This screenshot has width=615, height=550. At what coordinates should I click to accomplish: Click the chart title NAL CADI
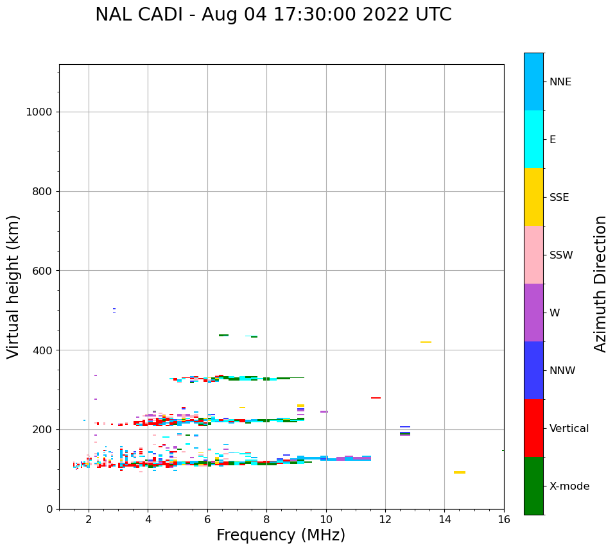pos(273,15)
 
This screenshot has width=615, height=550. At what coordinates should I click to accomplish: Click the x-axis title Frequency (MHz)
pos(281,535)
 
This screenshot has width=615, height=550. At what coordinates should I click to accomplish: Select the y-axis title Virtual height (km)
pos(13,286)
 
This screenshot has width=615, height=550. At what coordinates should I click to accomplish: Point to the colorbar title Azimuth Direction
pos(600,284)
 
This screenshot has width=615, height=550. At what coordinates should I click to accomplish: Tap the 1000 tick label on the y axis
pos(39,112)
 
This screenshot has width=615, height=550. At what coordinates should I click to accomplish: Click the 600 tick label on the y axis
pos(42,271)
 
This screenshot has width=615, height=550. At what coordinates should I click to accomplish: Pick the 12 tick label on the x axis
pos(385,519)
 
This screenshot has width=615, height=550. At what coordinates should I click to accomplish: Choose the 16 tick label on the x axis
pos(504,519)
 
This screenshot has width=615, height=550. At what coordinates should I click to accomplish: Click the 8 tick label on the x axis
pos(266,519)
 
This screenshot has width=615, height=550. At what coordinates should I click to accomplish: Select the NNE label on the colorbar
pos(560,82)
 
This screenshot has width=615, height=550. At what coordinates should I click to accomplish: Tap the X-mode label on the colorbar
pos(569,486)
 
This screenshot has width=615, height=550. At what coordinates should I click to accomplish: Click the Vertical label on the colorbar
pos(569,429)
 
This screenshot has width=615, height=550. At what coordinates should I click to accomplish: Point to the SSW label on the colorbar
pos(560,255)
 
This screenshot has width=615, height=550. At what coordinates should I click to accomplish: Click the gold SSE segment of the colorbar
pos(533,197)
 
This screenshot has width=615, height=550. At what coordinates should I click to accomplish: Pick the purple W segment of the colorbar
pos(533,313)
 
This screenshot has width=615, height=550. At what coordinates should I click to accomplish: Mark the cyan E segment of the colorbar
pos(533,139)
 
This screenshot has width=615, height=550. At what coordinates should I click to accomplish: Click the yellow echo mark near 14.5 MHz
pos(460,472)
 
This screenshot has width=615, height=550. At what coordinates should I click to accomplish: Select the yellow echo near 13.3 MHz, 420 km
pos(426,342)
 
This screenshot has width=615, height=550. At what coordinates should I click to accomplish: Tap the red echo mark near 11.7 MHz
pos(376,398)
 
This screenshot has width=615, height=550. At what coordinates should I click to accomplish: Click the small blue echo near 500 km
pos(114,309)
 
